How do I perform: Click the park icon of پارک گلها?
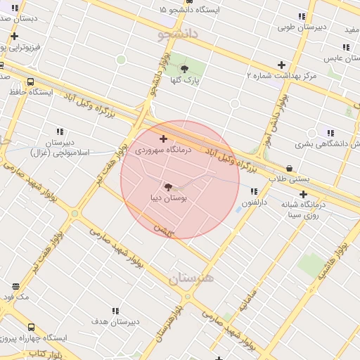[184, 69]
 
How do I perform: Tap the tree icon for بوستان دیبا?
[167, 186]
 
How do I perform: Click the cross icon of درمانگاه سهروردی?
[164, 139]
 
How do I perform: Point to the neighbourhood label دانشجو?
[179, 34]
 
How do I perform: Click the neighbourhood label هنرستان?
[191, 278]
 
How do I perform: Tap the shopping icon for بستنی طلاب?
[290, 168]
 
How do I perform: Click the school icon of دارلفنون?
[253, 191]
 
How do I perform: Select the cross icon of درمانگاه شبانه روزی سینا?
[303, 194]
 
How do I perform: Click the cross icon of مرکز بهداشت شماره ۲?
[281, 65]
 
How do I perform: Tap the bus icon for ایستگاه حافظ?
[31, 81]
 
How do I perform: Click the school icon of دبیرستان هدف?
[115, 310]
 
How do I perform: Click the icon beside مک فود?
[15, 286]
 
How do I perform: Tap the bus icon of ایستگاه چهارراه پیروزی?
[31, 327]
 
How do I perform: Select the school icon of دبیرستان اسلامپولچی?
[60, 131]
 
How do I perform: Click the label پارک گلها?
[187, 81]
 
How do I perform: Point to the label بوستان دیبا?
[169, 199]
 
